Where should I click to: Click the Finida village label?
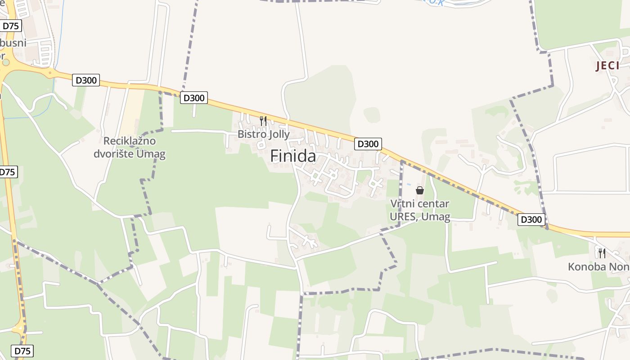[x=293, y=156]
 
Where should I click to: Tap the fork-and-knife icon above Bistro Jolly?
[x=263, y=121]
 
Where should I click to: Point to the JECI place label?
[x=607, y=66]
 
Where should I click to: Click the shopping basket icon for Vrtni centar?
[x=420, y=190]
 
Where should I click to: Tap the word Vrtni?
[x=401, y=204]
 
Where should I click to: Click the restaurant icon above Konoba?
[x=602, y=253]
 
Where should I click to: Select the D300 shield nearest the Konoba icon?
[x=531, y=220]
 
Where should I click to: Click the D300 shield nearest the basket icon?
[x=368, y=144]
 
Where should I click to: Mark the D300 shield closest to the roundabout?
[x=86, y=80]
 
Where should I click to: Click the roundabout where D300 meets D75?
[x=5, y=63]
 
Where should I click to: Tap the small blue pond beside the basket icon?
[x=409, y=184]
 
